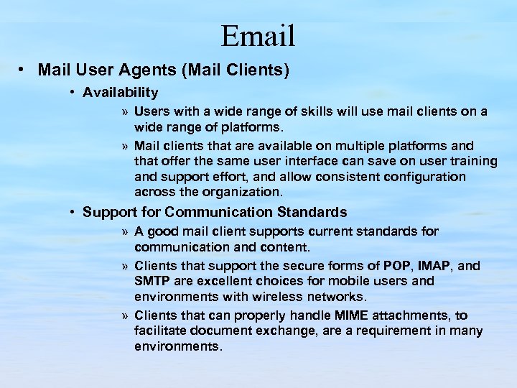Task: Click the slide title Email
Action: (258, 34)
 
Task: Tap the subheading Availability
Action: (120, 92)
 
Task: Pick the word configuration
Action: (425, 177)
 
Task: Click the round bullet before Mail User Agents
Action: (24, 70)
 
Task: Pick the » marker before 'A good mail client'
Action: (125, 232)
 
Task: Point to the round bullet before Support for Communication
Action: (73, 213)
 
